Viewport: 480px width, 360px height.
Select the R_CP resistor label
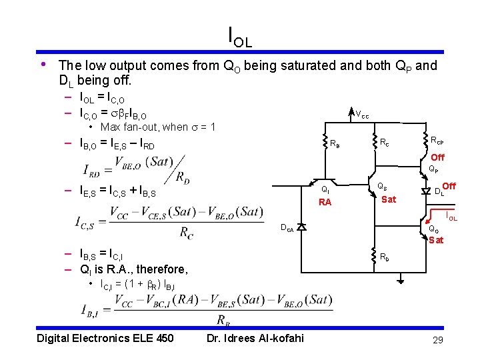point(437,141)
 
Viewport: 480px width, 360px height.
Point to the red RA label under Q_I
point(325,203)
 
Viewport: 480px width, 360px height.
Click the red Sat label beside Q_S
point(389,199)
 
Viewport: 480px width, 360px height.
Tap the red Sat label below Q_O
point(436,240)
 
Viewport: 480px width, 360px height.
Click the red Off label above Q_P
point(437,158)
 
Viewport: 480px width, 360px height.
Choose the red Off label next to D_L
point(449,187)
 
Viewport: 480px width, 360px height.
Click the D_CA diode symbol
point(301,227)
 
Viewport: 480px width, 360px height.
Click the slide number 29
point(437,341)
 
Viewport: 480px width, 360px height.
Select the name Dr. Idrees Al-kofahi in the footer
point(255,338)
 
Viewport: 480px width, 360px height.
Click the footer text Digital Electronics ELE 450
point(105,338)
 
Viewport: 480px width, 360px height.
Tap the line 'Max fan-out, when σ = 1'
point(157,127)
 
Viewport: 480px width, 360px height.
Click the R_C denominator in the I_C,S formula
point(187,232)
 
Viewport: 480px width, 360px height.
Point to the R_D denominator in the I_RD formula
point(181,177)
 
